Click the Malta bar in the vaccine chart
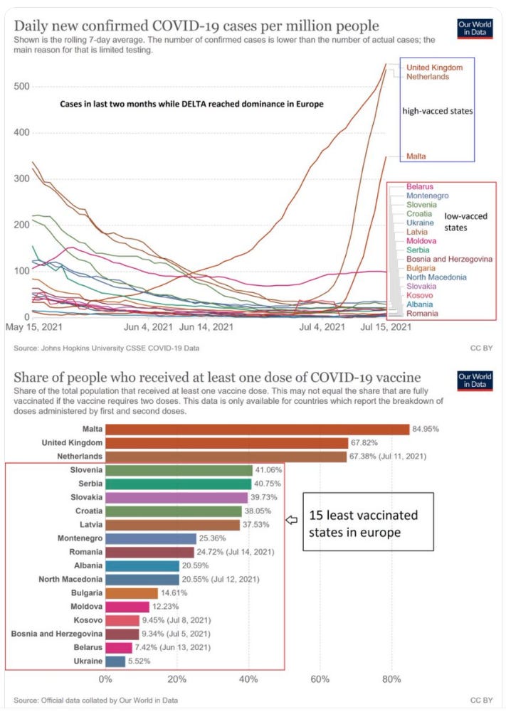pos(257,430)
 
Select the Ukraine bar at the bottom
pos(115,661)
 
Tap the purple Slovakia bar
pos(176,497)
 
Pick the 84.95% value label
pos(427,430)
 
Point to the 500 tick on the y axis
pos(23,87)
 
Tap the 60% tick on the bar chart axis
pos(320,679)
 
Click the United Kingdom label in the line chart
pos(434,68)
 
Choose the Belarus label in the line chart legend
pos(421,186)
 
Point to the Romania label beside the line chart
pos(422,314)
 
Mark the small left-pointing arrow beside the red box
pos(291,520)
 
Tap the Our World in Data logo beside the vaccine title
pos(475,380)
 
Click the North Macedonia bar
pos(142,579)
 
